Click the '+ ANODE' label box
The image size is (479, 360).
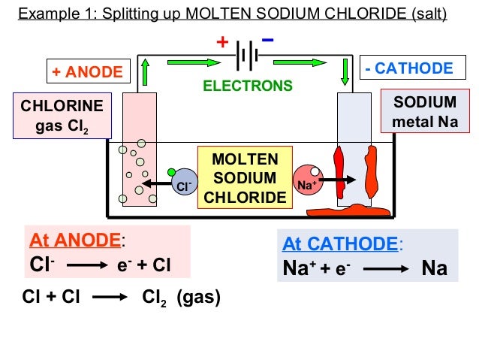click(x=87, y=72)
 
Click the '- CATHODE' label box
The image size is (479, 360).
click(x=409, y=69)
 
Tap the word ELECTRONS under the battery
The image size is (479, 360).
click(x=248, y=86)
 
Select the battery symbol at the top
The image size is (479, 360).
click(x=248, y=55)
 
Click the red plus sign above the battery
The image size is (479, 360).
click(x=221, y=42)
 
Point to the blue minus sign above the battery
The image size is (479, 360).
click(x=268, y=40)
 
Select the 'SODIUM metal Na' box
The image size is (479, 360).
click(x=425, y=111)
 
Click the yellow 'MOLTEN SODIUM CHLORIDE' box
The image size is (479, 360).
click(x=245, y=178)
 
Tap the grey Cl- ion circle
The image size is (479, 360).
click(x=183, y=183)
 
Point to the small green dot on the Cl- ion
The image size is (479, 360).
click(x=172, y=173)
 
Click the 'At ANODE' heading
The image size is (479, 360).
click(x=75, y=240)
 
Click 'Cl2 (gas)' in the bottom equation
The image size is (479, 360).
click(x=181, y=298)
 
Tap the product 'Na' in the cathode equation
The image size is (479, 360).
click(x=434, y=268)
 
